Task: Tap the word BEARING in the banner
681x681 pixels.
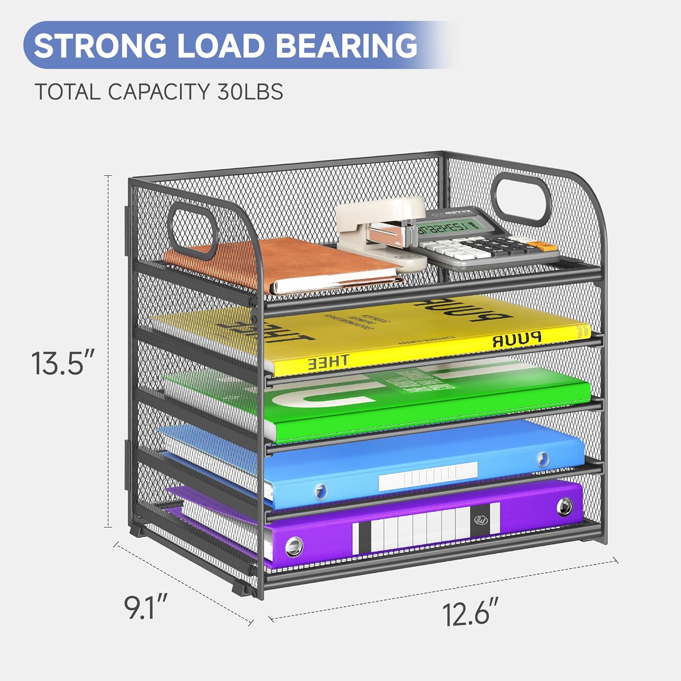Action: [x=347, y=45]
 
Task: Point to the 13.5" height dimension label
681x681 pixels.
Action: [x=64, y=363]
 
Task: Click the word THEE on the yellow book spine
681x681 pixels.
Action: [x=329, y=361]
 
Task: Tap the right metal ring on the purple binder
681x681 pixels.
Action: [x=564, y=505]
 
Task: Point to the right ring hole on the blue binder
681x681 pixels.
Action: [x=543, y=459]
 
